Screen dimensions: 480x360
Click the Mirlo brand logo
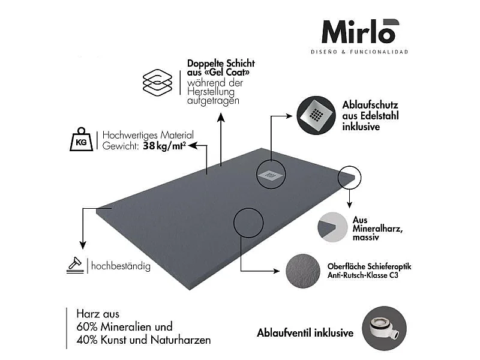pos(361,32)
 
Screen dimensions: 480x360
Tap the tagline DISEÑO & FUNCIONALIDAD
pos(359,52)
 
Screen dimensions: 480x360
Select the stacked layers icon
pos(157,83)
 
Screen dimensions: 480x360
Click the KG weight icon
pos(81,139)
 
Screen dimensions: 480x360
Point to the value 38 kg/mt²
pos(164,146)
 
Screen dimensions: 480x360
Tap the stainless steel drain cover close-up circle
pos(316,115)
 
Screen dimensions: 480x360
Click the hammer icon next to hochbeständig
pos(74,265)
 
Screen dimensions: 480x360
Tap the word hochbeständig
pos(121,266)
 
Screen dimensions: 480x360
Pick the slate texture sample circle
pos(303,271)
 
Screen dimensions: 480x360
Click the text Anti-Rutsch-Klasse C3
pos(363,275)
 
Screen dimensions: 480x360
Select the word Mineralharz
pos(377,229)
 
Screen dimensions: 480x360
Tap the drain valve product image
pos(384,328)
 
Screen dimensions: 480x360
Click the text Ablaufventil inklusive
pos(305,333)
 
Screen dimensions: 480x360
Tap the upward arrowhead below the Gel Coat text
pos(221,117)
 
